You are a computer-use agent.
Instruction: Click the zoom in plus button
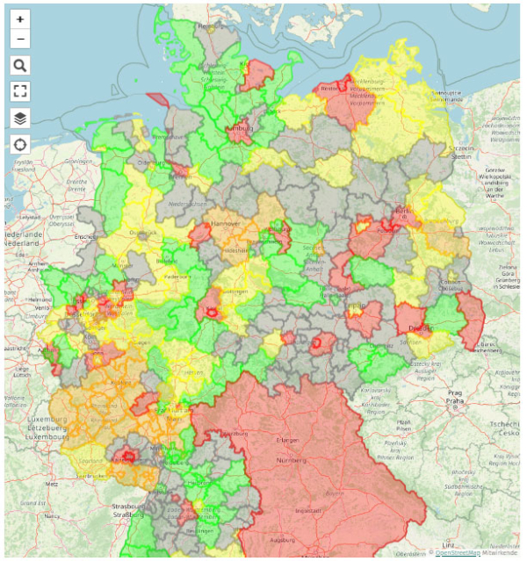pos(20,18)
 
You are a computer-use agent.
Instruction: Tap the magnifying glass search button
pos(20,65)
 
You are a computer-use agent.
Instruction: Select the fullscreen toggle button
pos(20,91)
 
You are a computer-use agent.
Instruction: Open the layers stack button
pos(20,118)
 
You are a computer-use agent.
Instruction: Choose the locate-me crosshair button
pos(20,144)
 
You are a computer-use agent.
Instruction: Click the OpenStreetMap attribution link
pos(458,552)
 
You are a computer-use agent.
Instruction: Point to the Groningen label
pos(78,161)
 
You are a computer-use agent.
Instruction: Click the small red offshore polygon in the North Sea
pos(157,100)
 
